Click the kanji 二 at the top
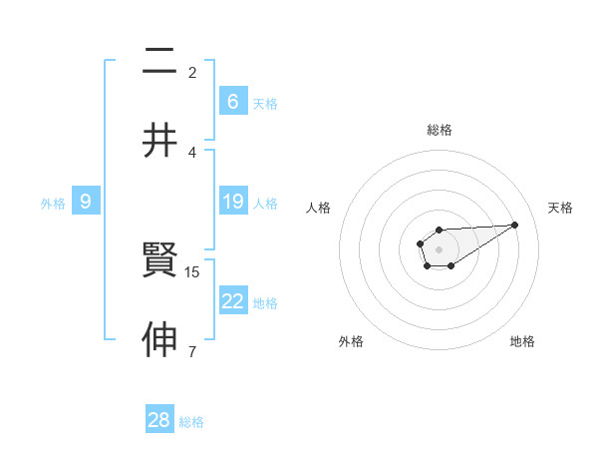pyautogui.click(x=159, y=62)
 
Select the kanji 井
pyautogui.click(x=159, y=141)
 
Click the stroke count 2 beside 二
pyautogui.click(x=192, y=72)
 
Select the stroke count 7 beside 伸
pyautogui.click(x=192, y=351)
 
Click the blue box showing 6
pyautogui.click(x=233, y=102)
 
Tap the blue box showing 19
pyautogui.click(x=233, y=202)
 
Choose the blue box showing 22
pyautogui.click(x=233, y=301)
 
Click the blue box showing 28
pyautogui.click(x=159, y=420)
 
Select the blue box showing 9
pyautogui.click(x=86, y=202)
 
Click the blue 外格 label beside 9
pyautogui.click(x=53, y=204)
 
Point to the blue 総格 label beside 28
pyautogui.click(x=191, y=422)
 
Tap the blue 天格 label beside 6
pyautogui.click(x=265, y=104)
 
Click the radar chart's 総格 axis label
pyautogui.click(x=439, y=130)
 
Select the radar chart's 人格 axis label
pyautogui.click(x=319, y=208)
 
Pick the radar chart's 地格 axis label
pyautogui.click(x=522, y=341)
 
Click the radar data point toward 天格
pyautogui.click(x=515, y=224)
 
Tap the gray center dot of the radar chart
pyautogui.click(x=439, y=247)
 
